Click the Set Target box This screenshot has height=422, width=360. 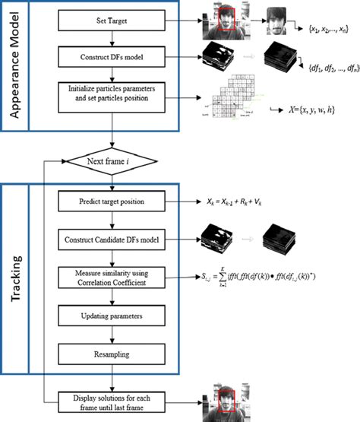click(112, 22)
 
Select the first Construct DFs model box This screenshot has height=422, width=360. click(112, 55)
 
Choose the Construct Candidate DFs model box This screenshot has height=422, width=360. click(112, 240)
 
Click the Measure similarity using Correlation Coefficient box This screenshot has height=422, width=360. click(112, 278)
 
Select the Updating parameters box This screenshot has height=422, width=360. click(112, 313)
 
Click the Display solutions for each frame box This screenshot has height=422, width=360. click(112, 400)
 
